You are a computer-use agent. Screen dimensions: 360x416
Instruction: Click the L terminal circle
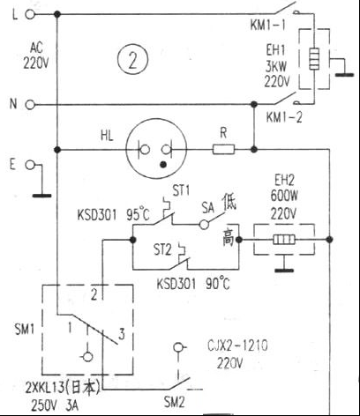[30, 14]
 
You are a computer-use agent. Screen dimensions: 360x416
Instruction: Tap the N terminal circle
[30, 105]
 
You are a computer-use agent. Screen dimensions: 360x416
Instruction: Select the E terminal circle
[30, 165]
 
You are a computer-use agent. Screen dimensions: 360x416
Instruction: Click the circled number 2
[132, 60]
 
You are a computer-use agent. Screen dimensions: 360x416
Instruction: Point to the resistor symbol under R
[223, 149]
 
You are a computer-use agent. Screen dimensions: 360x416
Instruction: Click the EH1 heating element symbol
[314, 58]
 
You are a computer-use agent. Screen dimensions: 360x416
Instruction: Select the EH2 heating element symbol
[284, 240]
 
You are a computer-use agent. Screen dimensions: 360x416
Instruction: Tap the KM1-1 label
[267, 25]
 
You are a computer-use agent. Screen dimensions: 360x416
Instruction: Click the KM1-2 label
[284, 117]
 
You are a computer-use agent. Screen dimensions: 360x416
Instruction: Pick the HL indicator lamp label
[107, 136]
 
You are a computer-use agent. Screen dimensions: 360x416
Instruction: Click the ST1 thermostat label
[181, 190]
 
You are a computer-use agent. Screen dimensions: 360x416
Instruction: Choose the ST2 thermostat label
[162, 250]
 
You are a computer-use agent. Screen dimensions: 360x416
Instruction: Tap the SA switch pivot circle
[204, 225]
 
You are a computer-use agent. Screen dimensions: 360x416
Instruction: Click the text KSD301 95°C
[114, 215]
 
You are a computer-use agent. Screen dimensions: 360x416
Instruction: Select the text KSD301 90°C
[193, 284]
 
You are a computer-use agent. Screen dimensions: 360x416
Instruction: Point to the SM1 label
[25, 330]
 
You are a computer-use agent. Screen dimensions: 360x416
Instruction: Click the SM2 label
[174, 403]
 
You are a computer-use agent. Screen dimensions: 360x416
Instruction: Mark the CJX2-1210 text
[237, 345]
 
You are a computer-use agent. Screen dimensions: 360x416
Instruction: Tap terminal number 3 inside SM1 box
[122, 334]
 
